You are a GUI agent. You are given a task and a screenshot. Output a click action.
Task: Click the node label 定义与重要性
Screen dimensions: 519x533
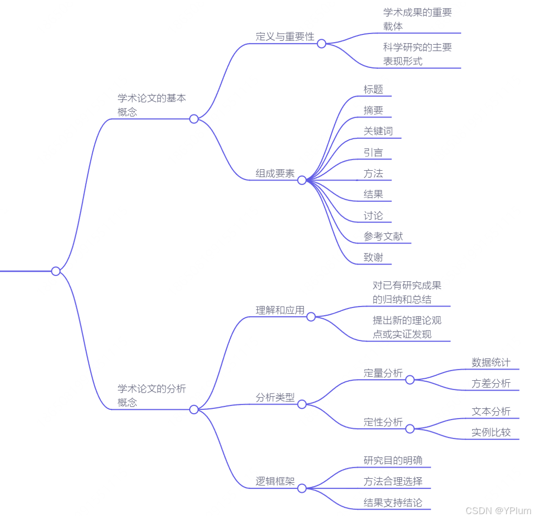point(285,37)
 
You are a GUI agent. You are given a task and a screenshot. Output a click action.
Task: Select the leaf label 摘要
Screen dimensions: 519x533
point(373,110)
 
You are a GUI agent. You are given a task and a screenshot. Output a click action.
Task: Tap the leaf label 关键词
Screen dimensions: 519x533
point(378,131)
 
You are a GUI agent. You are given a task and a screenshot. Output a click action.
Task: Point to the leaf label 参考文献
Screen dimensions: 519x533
point(383,237)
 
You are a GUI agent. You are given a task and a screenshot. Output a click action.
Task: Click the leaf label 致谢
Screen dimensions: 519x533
point(373,257)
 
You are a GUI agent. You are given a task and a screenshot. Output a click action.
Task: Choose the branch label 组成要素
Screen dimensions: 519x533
point(275,174)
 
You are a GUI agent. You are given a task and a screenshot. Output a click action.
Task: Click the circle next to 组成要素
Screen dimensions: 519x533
point(302,181)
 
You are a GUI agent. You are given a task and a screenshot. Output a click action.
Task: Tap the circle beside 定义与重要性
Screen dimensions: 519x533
point(322,44)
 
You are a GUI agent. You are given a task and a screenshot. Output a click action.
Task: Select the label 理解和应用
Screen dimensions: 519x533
point(280,310)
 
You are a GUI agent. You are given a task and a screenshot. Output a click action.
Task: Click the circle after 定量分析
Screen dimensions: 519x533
point(410,380)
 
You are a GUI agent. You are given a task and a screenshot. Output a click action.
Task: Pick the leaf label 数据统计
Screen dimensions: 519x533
point(491,363)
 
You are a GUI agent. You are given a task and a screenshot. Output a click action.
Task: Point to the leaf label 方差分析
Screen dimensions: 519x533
point(491,384)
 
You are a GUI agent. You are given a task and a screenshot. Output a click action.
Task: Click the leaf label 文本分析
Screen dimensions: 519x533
point(491,412)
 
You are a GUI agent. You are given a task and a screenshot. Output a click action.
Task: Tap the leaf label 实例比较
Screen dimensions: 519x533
point(491,433)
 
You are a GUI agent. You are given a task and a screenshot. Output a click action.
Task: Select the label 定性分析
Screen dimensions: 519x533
point(383,422)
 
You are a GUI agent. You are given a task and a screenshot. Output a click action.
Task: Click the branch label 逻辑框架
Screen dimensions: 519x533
point(275,482)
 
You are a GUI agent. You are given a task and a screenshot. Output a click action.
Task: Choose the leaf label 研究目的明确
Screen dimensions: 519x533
point(393,460)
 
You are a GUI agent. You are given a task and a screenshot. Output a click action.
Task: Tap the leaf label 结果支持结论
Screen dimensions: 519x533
point(393,503)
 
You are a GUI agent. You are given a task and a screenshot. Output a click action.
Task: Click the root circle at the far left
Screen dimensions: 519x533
point(56,271)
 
